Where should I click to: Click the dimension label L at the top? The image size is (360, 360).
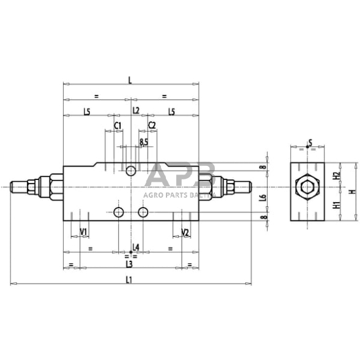[x=132, y=79]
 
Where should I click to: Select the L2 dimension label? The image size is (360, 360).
[x=136, y=111]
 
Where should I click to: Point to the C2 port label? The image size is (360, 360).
[x=152, y=125]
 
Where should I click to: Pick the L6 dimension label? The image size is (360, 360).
[x=263, y=197]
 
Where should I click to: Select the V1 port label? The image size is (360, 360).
[x=84, y=232]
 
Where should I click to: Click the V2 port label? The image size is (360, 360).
[x=186, y=232]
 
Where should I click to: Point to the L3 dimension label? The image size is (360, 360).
[x=129, y=264]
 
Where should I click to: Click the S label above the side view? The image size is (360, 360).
[x=310, y=143]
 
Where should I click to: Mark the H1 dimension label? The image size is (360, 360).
[x=336, y=206]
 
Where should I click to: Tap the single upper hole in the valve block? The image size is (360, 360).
[x=132, y=170]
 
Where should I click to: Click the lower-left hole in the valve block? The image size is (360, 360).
[x=119, y=212]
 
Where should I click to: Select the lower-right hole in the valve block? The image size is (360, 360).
[x=143, y=212]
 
